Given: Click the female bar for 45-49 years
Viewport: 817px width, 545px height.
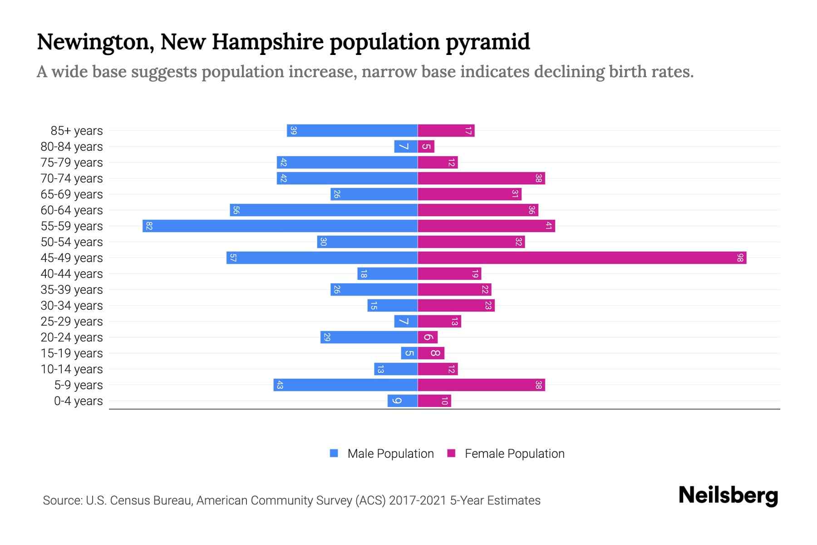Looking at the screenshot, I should click(x=582, y=258).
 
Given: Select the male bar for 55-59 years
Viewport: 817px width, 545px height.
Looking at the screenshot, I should click(x=280, y=226).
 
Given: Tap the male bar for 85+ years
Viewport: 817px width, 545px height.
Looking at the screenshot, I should click(x=352, y=131).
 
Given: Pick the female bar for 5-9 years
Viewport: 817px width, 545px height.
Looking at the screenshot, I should click(x=481, y=385).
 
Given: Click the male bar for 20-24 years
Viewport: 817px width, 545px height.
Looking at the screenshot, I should click(x=369, y=337).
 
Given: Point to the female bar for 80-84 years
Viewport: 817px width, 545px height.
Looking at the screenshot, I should click(x=426, y=147).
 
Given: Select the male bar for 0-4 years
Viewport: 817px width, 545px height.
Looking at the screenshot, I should click(x=403, y=401).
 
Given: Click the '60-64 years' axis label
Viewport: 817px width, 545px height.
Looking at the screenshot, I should click(x=72, y=210).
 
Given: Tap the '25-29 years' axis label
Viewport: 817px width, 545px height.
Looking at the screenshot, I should click(x=72, y=322).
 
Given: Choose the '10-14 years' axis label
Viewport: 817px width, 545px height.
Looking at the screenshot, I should click(x=72, y=369).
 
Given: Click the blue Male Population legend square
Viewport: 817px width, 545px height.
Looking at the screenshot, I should click(x=334, y=453).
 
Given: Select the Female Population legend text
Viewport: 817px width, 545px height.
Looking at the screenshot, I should click(x=514, y=454).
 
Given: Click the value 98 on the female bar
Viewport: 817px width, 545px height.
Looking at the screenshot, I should click(x=740, y=258).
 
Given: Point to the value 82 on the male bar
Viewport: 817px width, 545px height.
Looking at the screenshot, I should click(x=149, y=226).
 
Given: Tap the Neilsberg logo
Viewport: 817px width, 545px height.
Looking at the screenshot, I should click(x=728, y=495).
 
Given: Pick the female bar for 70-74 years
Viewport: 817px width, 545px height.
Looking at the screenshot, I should click(x=481, y=178).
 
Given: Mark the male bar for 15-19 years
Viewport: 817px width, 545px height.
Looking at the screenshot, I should click(x=409, y=353).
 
